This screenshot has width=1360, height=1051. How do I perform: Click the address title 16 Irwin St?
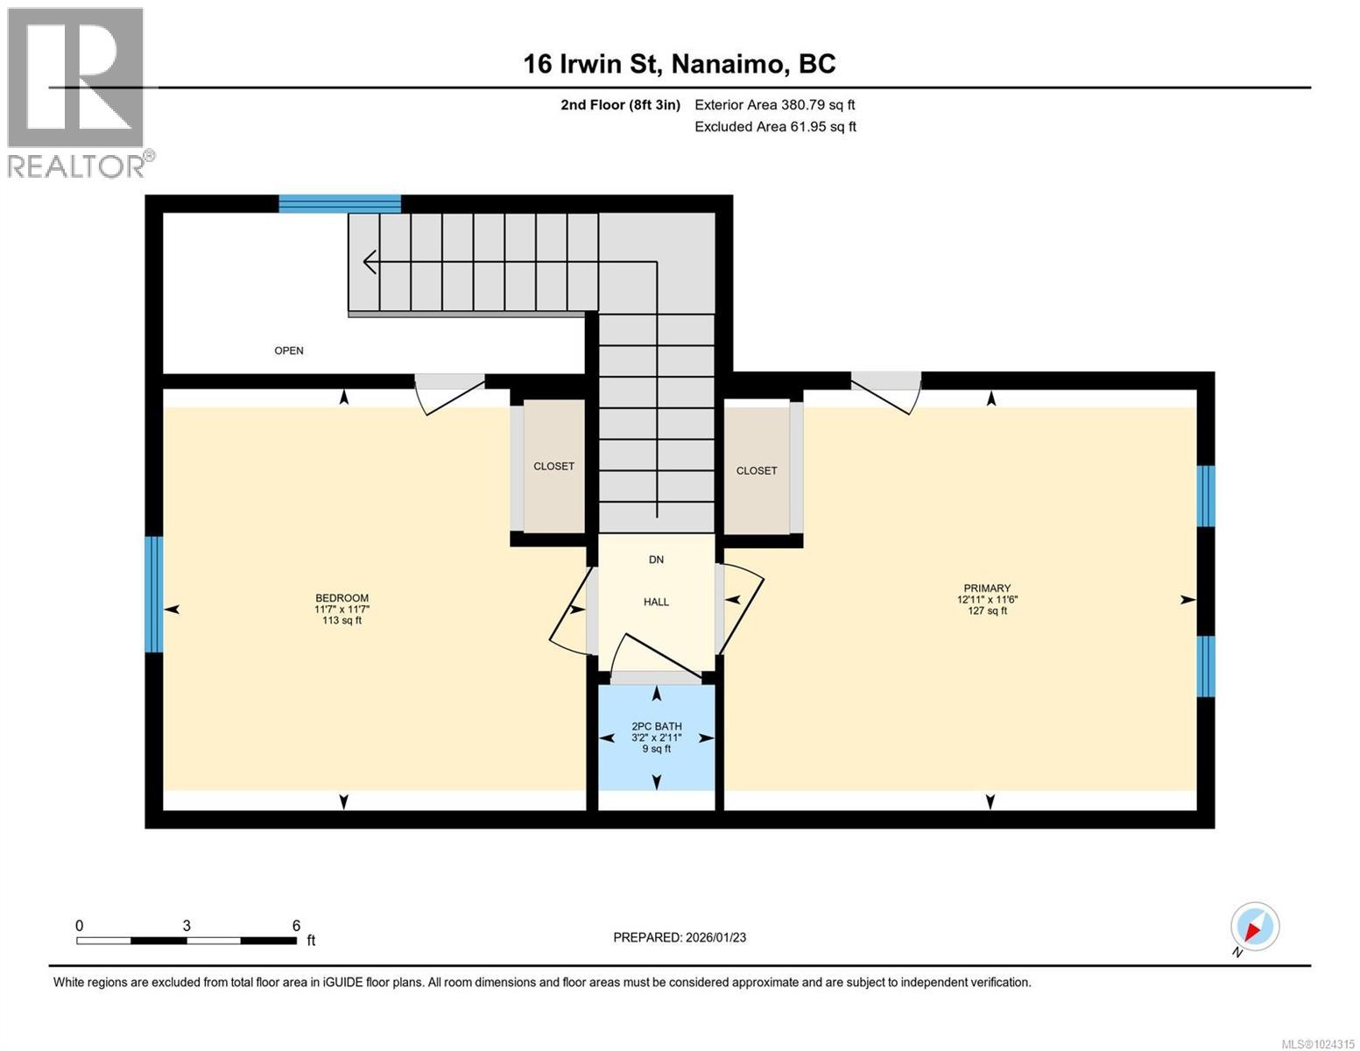pyautogui.click(x=679, y=64)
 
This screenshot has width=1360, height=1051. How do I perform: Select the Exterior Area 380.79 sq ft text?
pyautogui.click(x=774, y=105)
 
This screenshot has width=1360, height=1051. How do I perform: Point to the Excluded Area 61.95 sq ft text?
pyautogui.click(x=775, y=127)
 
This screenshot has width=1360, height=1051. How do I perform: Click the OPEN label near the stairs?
pyautogui.click(x=289, y=350)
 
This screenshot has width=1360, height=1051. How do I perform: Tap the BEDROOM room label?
pyautogui.click(x=342, y=599)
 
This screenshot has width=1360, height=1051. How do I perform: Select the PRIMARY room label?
pyautogui.click(x=987, y=589)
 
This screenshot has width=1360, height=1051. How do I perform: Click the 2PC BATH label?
pyautogui.click(x=657, y=726)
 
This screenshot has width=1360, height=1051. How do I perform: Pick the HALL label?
pyautogui.click(x=656, y=602)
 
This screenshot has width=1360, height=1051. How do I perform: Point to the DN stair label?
pyautogui.click(x=656, y=560)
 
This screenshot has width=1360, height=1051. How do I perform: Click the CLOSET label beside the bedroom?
pyautogui.click(x=553, y=466)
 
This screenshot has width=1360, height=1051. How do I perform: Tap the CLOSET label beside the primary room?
pyautogui.click(x=757, y=470)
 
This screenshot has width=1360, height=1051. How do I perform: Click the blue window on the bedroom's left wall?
pyautogui.click(x=154, y=594)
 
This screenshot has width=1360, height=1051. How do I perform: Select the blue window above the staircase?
pyautogui.click(x=340, y=204)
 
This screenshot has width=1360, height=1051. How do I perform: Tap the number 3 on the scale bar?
pyautogui.click(x=187, y=926)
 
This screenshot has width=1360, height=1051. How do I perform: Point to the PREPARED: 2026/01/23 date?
pyautogui.click(x=680, y=937)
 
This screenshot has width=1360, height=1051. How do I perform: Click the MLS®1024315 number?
pyautogui.click(x=1317, y=1043)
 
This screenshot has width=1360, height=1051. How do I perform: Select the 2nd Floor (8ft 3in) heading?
pyautogui.click(x=620, y=105)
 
